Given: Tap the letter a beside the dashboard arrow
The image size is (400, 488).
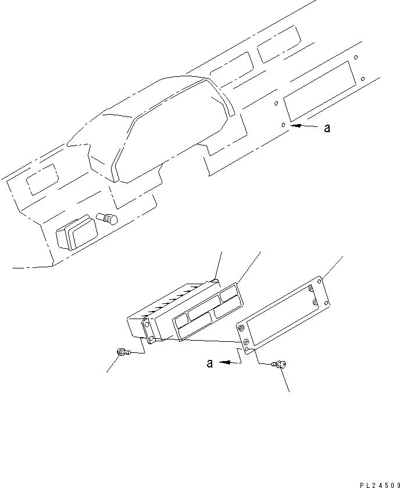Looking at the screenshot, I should (327, 128).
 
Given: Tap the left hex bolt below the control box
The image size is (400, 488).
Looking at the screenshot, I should (123, 351).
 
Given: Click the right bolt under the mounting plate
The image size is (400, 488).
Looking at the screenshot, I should (281, 365).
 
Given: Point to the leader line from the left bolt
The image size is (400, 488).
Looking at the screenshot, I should (113, 365).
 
